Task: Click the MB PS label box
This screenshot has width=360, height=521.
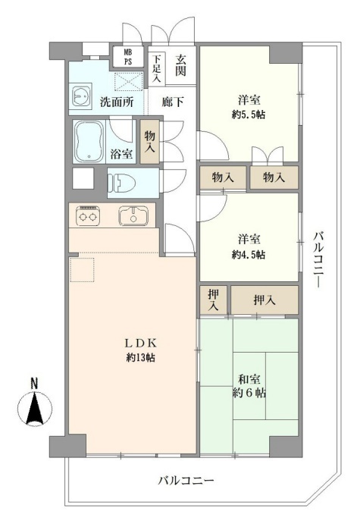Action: [x=128, y=57]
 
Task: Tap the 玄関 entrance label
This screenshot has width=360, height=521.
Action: [x=180, y=65]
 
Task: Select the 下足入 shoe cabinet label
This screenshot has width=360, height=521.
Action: [x=156, y=68]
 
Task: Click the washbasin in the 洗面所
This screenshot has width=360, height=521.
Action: [x=80, y=96]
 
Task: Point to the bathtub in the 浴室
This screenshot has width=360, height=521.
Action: [x=89, y=142]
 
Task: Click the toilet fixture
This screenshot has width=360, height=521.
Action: [x=123, y=183]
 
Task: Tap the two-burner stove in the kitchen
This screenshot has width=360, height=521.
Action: [x=88, y=216]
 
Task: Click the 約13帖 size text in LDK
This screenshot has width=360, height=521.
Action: [x=140, y=358]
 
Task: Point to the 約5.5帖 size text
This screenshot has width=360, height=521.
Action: [x=249, y=115]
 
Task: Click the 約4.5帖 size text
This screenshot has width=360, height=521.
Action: [x=249, y=255]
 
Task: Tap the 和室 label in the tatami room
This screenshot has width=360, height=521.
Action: [x=249, y=378]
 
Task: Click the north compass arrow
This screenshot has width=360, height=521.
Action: [x=35, y=408]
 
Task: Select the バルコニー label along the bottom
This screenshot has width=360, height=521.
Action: [x=186, y=481]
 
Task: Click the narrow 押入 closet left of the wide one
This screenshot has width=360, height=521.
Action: [x=214, y=300]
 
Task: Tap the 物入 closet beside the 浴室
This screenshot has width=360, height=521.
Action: [x=150, y=142]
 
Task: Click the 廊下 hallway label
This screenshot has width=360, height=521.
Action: [x=173, y=102]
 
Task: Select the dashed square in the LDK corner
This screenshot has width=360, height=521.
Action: [x=82, y=269]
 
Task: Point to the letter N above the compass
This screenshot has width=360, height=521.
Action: [x=34, y=383]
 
